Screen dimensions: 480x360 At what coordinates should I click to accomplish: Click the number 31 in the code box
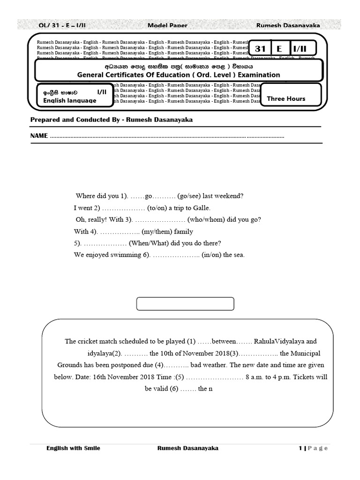(x=260, y=49)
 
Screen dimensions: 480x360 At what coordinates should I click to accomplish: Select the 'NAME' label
(x=39, y=135)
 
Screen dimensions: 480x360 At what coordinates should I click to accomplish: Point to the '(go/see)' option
(x=191, y=195)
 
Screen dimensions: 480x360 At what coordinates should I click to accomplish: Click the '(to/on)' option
(x=158, y=208)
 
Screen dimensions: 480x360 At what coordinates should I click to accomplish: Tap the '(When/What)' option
(x=153, y=243)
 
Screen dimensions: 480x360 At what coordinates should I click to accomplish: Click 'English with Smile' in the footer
(x=73, y=448)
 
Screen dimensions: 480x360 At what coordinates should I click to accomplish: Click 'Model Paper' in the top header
(x=164, y=25)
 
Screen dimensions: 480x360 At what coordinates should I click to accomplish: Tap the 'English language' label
(x=70, y=100)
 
